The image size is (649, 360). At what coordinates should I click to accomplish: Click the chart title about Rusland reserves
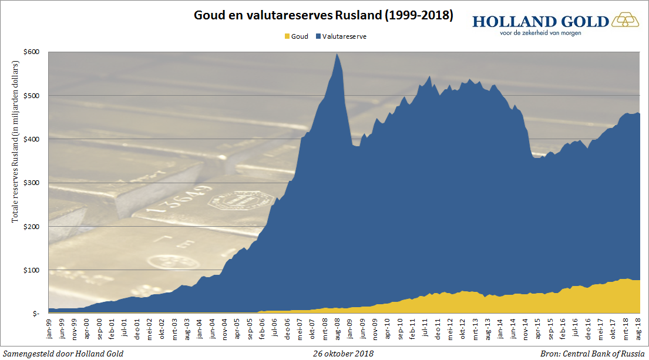(324, 16)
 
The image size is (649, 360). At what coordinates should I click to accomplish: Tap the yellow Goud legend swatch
(287, 36)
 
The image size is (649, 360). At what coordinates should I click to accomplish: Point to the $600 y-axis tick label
(32, 52)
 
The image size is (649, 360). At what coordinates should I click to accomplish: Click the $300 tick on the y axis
(32, 183)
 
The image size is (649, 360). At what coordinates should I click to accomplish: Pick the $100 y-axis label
(32, 270)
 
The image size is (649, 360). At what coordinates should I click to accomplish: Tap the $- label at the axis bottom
(35, 314)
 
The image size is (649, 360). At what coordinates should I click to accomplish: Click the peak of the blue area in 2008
(337, 55)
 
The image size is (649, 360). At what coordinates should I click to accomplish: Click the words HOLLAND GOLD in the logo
(540, 22)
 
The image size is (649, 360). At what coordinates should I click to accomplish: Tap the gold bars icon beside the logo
(627, 21)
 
